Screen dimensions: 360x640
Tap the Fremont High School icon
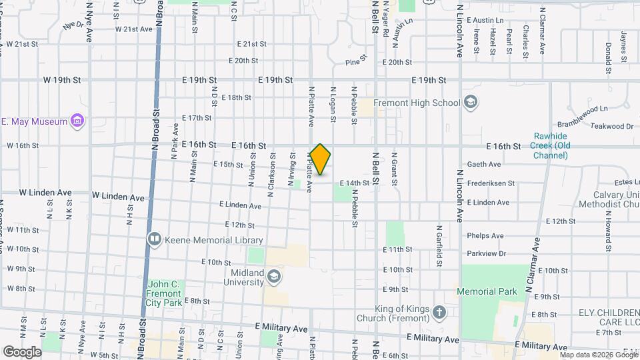pos(471,103)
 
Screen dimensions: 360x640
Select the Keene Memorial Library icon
pos(155,239)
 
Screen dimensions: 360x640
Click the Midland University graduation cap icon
pos(273,277)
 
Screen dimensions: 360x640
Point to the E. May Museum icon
pos(77,121)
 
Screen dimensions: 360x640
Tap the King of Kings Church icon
pos(439,312)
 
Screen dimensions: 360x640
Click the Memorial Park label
pos(487,291)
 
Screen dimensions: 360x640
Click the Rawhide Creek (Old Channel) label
pos(550,145)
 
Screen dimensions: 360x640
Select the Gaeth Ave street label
pos(484,164)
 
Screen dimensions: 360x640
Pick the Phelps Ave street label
pos(485,235)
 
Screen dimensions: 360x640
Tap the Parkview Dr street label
pos(487,253)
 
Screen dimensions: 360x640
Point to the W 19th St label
pos(62,79)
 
